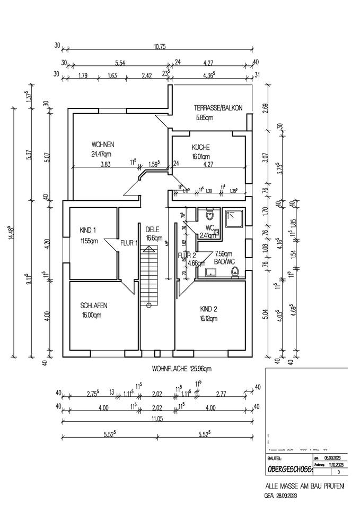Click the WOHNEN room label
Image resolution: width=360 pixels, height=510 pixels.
click(x=103, y=144)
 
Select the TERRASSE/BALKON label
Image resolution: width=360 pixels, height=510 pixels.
click(x=218, y=108)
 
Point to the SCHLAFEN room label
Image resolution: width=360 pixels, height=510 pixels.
click(x=94, y=305)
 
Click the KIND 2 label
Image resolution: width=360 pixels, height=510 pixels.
click(x=209, y=309)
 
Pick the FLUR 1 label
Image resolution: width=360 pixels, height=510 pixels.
click(x=129, y=243)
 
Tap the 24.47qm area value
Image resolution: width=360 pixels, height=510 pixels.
click(x=103, y=155)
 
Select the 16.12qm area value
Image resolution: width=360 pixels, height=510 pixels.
click(x=209, y=319)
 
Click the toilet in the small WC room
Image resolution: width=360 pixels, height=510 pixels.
click(x=210, y=216)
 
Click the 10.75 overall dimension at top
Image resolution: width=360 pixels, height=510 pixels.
click(x=160, y=47)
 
